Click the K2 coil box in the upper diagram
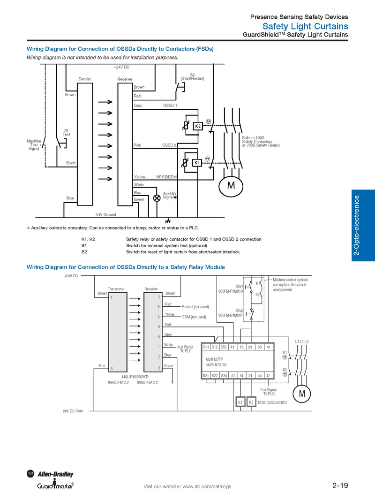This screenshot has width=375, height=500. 198,126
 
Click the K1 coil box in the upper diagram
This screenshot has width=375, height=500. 197,163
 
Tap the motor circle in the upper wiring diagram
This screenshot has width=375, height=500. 231,186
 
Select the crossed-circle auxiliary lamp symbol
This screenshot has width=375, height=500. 157,198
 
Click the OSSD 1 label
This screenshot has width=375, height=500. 170,106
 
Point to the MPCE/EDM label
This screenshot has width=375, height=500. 166,177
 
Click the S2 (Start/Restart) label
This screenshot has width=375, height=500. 193,77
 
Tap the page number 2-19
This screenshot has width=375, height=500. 340,485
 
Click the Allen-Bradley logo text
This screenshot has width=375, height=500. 55,474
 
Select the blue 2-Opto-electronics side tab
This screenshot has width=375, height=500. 363,226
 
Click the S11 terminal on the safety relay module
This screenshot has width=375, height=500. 206,347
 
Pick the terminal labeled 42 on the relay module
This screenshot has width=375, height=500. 268,376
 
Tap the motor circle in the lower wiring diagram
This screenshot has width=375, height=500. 301,394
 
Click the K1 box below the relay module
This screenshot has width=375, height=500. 240,402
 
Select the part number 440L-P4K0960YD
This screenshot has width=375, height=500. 135,377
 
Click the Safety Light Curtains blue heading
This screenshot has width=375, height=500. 305,26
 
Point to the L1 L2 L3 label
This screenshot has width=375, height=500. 301,341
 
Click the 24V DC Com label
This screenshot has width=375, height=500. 73,411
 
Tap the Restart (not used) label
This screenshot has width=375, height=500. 195,307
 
